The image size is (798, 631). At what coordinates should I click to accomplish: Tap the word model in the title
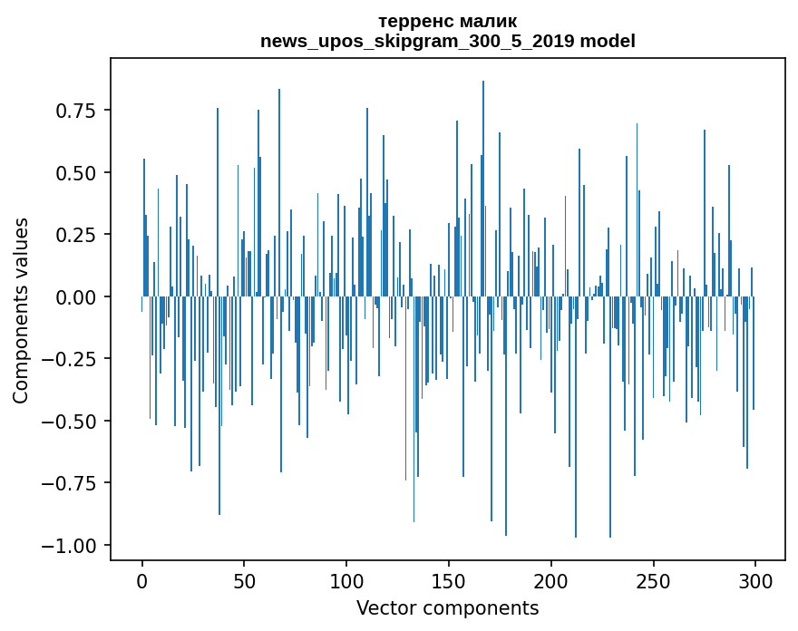[608, 41]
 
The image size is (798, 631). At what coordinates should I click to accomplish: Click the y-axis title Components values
[20, 310]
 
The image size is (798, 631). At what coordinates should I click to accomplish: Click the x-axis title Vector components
[447, 608]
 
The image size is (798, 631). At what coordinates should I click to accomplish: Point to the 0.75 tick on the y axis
[76, 111]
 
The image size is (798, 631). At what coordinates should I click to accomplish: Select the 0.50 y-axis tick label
[76, 172]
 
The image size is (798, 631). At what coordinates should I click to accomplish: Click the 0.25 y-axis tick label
[76, 235]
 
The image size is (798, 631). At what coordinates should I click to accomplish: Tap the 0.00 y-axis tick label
[76, 296]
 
